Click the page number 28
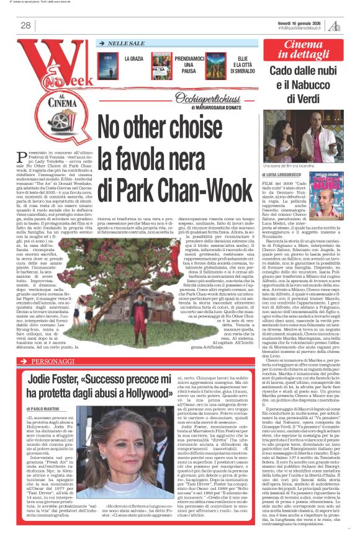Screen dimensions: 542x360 tap(25, 25)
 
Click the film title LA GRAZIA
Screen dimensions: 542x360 tap(134, 59)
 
